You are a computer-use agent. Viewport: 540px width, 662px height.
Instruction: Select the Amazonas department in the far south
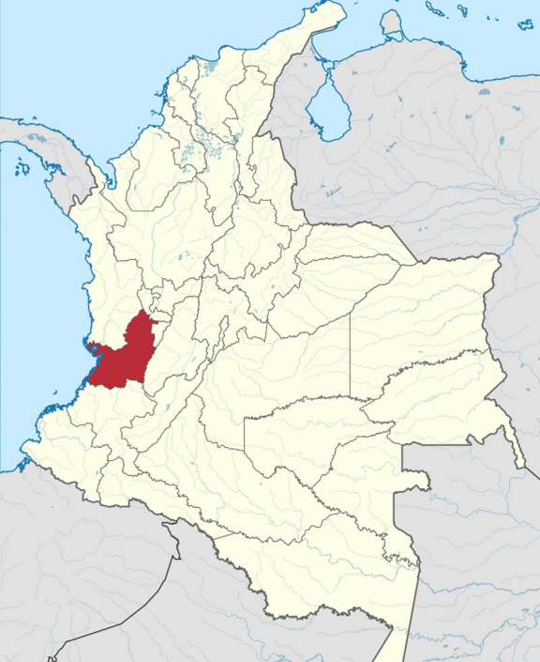[x=347, y=573]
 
